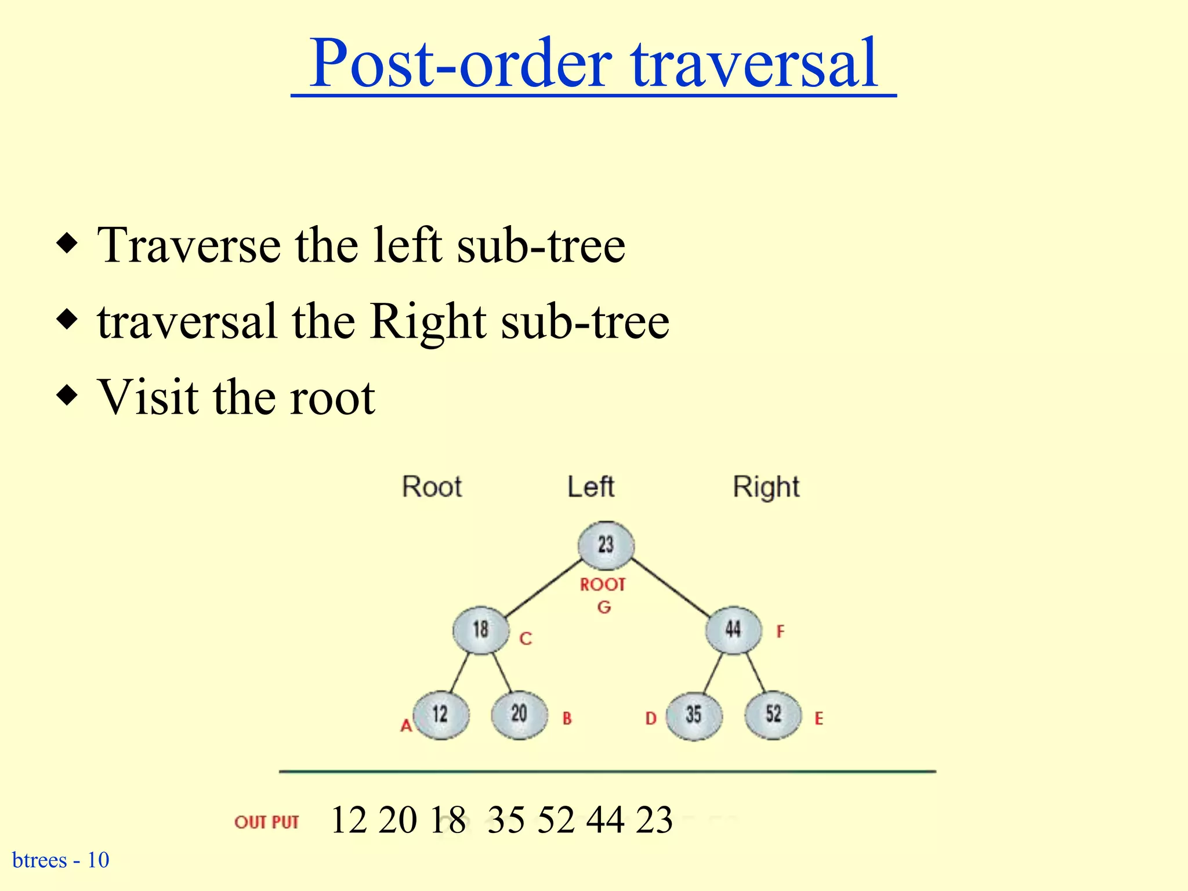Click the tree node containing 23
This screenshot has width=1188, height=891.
tap(606, 545)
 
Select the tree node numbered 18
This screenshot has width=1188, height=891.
tap(481, 630)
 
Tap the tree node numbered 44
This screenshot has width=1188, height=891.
tap(733, 630)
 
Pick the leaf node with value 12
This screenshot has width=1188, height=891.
tap(441, 715)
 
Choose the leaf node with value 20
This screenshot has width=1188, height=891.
tap(519, 715)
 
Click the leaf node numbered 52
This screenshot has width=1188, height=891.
tap(773, 715)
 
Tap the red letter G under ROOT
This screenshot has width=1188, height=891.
tap(604, 607)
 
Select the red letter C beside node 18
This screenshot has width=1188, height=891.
tap(526, 639)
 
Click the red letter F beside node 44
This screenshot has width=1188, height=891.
tap(780, 631)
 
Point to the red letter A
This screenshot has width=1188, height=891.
tap(406, 726)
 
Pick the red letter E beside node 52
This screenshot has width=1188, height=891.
tap(818, 719)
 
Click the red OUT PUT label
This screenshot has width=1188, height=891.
tap(266, 822)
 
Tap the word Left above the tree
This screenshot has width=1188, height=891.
tap(591, 487)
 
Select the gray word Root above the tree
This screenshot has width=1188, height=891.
tap(432, 487)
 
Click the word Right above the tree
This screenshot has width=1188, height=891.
tap(766, 487)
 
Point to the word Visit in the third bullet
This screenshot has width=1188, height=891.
tap(147, 397)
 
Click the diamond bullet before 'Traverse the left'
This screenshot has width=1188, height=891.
tap(67, 242)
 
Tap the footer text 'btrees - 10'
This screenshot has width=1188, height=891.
tap(61, 860)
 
